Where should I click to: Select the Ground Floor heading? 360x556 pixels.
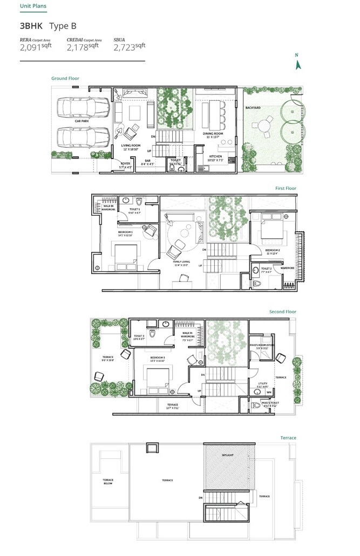pyautogui.click(x=65, y=79)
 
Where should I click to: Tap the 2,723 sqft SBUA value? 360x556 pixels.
pyautogui.click(x=129, y=47)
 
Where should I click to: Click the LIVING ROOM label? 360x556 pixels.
pyautogui.click(x=131, y=146)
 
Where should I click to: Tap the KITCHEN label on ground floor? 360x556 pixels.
pyautogui.click(x=216, y=156)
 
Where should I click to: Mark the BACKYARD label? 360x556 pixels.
pyautogui.click(x=253, y=108)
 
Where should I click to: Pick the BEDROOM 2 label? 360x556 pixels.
pyautogui.click(x=271, y=250)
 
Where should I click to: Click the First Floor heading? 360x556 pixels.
pyautogui.click(x=286, y=188)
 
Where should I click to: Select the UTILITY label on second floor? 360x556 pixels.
pyautogui.click(x=263, y=383)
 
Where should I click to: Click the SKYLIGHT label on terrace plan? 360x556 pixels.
pyautogui.click(x=227, y=455)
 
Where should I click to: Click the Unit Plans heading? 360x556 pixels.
pyautogui.click(x=33, y=6)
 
